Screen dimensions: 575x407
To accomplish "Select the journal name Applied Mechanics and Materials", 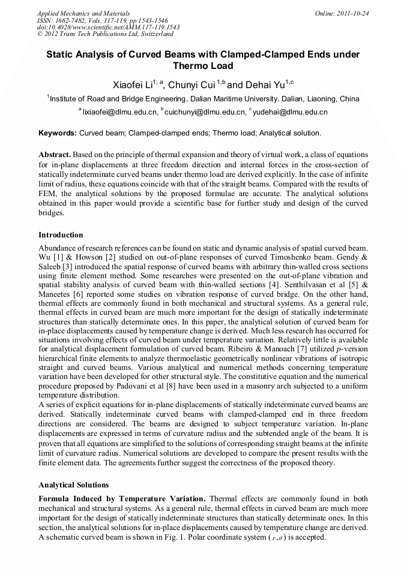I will pyautogui.click(x=83, y=13).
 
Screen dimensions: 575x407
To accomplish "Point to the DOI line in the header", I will pyautogui.click(x=108, y=28).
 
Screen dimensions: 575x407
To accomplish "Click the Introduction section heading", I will pyautogui.click(x=61, y=234).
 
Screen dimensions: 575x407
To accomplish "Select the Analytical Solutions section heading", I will pyautogui.click(x=74, y=484).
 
